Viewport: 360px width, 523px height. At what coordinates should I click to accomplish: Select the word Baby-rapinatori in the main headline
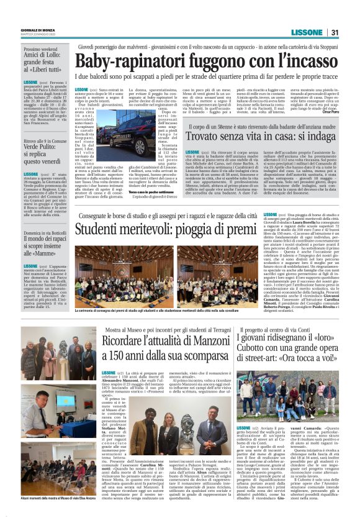[122, 62]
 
